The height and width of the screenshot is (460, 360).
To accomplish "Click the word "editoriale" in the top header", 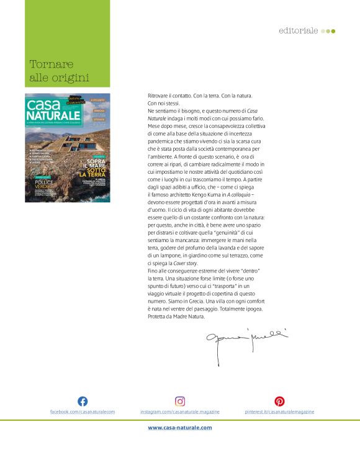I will [x=298, y=30].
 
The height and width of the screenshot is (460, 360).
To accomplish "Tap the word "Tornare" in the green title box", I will [x=52, y=64].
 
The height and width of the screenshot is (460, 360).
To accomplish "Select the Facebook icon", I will [x=83, y=401].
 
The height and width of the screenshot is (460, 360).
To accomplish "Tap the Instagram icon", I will [x=180, y=401].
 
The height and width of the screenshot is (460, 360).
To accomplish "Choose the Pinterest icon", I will [x=280, y=401].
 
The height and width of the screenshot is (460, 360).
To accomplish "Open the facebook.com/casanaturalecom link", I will [x=83, y=412].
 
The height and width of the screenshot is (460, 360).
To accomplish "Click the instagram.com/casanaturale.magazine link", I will [x=180, y=412].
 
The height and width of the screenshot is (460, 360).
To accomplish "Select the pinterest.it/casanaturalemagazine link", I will [x=280, y=412].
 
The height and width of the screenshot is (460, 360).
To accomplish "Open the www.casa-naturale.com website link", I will [x=180, y=427].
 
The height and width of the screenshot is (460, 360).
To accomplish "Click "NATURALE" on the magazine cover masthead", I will [x=53, y=115].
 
